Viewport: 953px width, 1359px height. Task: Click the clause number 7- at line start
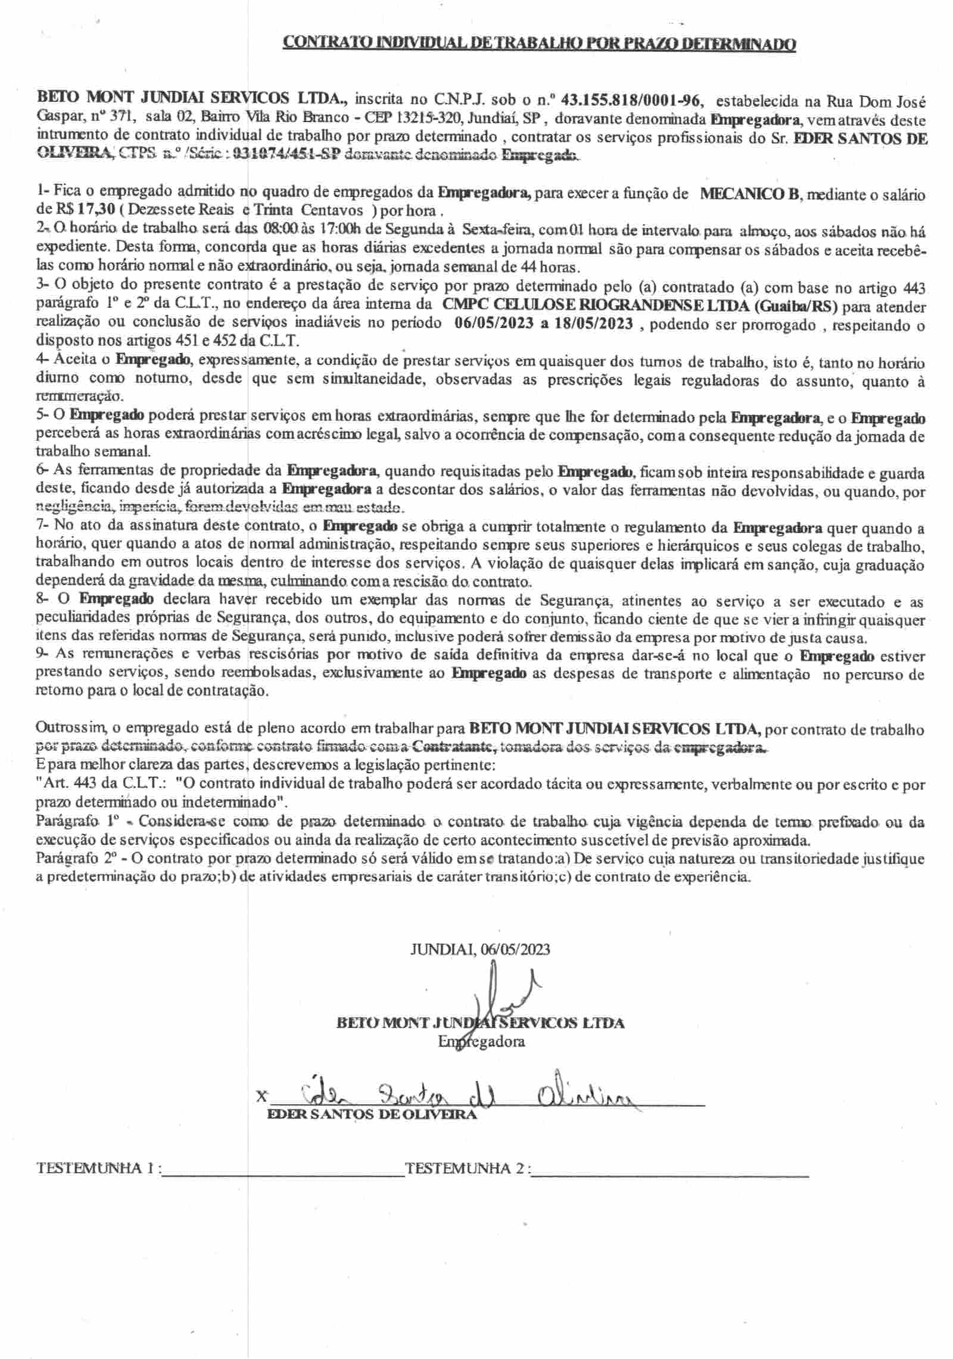tap(44, 527)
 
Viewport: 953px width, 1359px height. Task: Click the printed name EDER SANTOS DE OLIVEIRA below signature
tap(373, 1114)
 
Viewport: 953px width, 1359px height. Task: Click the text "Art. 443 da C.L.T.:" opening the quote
tap(104, 785)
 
